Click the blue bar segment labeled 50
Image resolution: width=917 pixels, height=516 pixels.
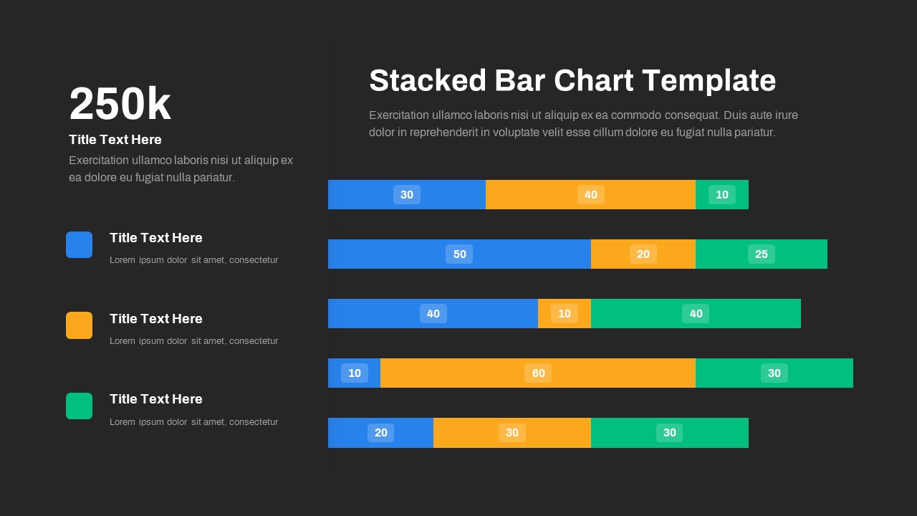[x=459, y=254]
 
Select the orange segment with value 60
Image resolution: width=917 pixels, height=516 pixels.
[x=537, y=373]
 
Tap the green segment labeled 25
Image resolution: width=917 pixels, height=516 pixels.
[x=761, y=254]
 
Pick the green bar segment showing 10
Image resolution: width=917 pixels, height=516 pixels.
[x=721, y=195]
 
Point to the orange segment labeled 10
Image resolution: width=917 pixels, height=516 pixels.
[x=564, y=314]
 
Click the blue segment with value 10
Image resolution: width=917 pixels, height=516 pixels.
[x=354, y=373]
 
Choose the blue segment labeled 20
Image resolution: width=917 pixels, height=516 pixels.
[x=380, y=433]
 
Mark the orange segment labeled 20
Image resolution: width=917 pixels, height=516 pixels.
[x=643, y=254]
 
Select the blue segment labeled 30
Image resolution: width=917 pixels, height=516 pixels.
[x=406, y=195]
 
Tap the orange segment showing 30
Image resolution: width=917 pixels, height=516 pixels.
[x=512, y=433]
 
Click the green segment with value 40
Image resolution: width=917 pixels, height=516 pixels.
[x=696, y=314]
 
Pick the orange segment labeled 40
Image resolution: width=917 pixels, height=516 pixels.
[x=590, y=195]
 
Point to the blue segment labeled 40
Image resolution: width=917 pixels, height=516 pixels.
[x=433, y=314]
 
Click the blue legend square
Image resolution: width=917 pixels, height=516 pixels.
[x=79, y=244]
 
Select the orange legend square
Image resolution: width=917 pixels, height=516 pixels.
[x=79, y=325]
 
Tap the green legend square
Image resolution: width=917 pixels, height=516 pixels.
[x=79, y=406]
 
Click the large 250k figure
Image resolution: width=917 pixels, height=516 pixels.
[x=120, y=105]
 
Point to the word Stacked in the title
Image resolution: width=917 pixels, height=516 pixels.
[x=428, y=80]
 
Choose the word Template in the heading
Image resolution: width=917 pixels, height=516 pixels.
[x=709, y=80]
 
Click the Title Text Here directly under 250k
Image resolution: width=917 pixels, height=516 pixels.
[x=115, y=140]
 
